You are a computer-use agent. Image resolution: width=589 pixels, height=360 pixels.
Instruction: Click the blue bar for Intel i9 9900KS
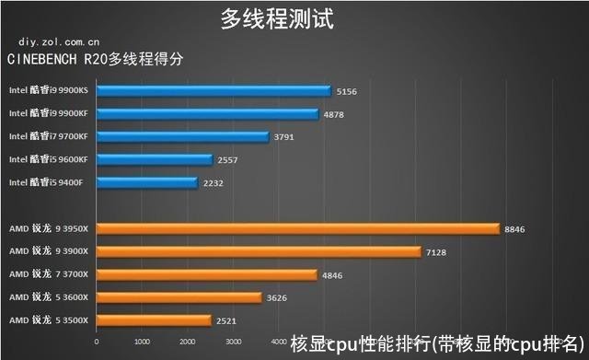[213, 91]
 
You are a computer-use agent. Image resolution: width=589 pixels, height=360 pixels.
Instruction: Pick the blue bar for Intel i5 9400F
[146, 183]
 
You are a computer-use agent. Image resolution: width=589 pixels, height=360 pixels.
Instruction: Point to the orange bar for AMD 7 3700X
[205, 274]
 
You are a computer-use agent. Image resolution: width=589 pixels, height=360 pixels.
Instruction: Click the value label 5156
[347, 91]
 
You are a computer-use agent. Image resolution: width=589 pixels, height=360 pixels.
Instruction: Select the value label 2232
[214, 183]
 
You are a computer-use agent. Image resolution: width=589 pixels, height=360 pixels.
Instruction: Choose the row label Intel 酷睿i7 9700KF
[48, 136]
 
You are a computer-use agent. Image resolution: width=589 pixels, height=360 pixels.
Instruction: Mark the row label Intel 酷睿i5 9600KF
[48, 159]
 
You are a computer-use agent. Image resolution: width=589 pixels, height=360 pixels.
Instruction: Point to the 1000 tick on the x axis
[142, 343]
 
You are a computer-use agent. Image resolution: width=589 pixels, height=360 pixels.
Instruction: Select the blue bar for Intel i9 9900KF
[206, 114]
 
